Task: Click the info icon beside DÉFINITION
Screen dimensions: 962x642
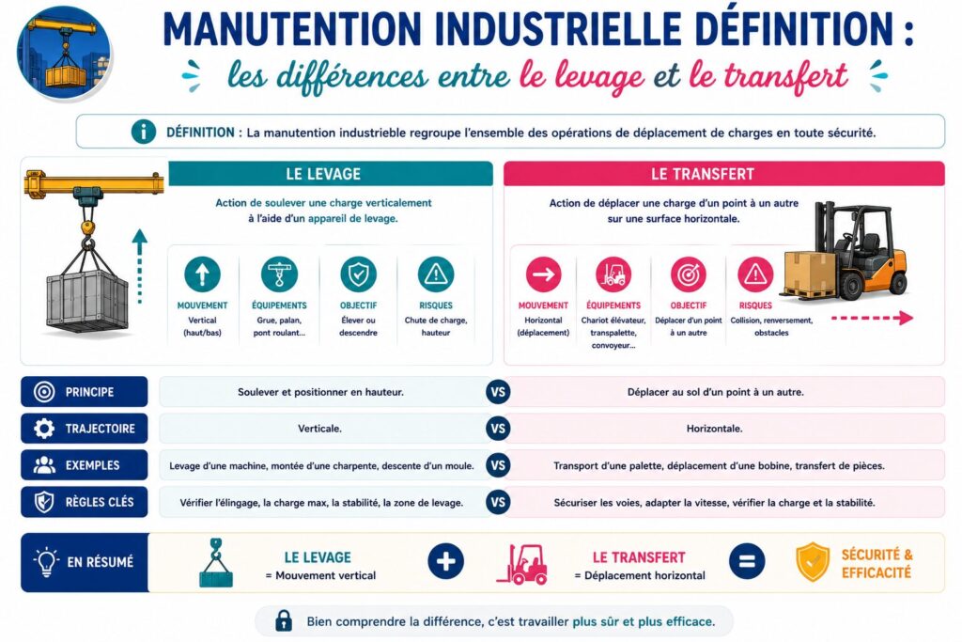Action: pyautogui.click(x=143, y=132)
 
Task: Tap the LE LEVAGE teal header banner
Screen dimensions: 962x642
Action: pyautogui.click(x=331, y=174)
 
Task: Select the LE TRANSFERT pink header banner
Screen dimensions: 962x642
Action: pyautogui.click(x=724, y=174)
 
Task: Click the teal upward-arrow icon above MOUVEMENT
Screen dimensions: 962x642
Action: pyautogui.click(x=202, y=274)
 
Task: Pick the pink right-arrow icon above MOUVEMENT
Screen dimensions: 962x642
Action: pyautogui.click(x=543, y=274)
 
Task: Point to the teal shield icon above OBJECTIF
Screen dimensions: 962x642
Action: pyautogui.click(x=358, y=274)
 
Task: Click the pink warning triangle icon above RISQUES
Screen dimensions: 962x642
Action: pyautogui.click(x=755, y=274)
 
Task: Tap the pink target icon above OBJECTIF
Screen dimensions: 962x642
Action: pyautogui.click(x=689, y=274)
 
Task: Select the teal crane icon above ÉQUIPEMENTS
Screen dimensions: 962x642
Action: pyautogui.click(x=279, y=274)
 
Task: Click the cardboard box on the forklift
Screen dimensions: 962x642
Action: pyautogui.click(x=809, y=271)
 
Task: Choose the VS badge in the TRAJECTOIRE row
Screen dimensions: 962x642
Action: pyautogui.click(x=498, y=429)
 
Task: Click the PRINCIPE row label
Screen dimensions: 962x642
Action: pyautogui.click(x=84, y=392)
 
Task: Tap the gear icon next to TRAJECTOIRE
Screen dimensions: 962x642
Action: pyautogui.click(x=44, y=429)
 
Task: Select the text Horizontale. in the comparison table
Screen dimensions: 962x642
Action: pyautogui.click(x=714, y=429)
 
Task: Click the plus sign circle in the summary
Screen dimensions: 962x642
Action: pyautogui.click(x=445, y=561)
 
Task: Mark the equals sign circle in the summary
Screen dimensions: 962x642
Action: pyautogui.click(x=747, y=561)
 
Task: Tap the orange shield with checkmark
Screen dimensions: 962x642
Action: pyautogui.click(x=813, y=561)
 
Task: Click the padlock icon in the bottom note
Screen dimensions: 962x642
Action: pyautogui.click(x=284, y=620)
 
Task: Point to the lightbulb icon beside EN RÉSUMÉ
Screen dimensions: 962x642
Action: pyautogui.click(x=46, y=561)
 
